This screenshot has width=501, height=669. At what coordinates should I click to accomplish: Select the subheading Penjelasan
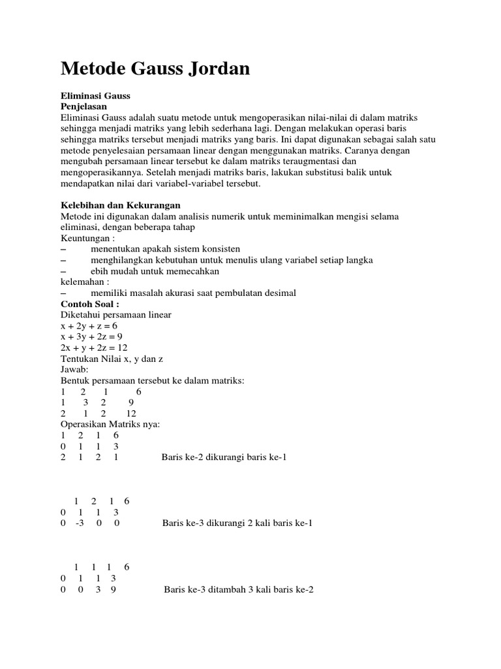(x=83, y=106)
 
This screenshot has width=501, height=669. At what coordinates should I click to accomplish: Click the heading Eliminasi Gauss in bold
(x=95, y=95)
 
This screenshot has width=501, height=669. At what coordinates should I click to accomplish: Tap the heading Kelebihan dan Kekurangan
(x=120, y=205)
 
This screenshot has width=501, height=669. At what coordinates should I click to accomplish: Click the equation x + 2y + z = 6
(x=89, y=325)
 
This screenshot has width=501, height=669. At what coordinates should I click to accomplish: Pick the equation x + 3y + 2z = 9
(x=91, y=336)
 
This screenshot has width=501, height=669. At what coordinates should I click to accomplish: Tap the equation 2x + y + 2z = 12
(x=94, y=348)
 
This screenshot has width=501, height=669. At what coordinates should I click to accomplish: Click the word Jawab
(x=74, y=369)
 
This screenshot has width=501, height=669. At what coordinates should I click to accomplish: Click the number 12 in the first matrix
(x=131, y=414)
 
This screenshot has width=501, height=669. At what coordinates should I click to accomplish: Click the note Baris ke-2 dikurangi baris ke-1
(x=224, y=457)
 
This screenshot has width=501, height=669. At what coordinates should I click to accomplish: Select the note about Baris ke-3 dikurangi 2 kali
(x=237, y=523)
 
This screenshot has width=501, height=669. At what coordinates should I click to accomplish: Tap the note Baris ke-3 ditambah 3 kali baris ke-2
(x=239, y=589)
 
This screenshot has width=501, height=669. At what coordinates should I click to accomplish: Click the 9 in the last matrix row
(x=114, y=589)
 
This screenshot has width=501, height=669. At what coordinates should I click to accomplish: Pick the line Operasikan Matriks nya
(x=110, y=424)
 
